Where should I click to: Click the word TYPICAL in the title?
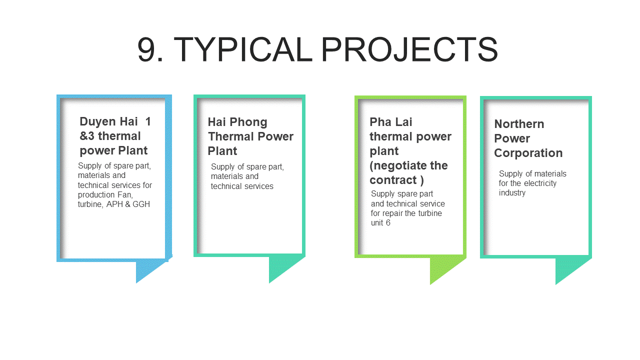[243, 49]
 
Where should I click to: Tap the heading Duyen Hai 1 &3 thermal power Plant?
[115, 136]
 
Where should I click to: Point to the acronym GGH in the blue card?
[141, 204]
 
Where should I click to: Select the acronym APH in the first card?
[114, 204]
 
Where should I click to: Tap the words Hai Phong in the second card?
[237, 122]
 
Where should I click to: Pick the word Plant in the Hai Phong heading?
[222, 151]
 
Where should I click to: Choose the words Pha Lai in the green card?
[391, 122]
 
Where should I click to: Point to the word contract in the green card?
[393, 180]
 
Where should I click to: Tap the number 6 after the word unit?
[388, 223]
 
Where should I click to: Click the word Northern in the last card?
[519, 124]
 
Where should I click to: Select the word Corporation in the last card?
[528, 153]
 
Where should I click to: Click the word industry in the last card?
[512, 193]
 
